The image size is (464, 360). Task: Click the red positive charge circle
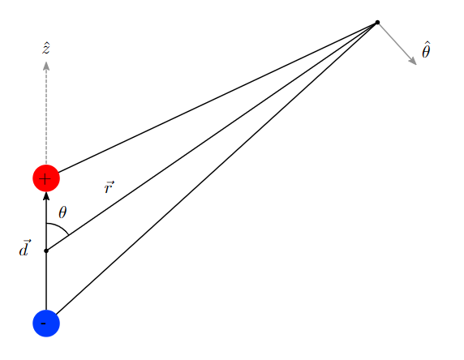coord(46,178)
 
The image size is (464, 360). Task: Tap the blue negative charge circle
coord(46,324)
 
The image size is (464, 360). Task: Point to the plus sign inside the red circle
coord(45,179)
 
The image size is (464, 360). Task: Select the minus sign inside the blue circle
coord(43,324)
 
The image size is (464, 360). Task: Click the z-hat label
coord(46,49)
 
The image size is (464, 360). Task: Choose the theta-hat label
coord(426,50)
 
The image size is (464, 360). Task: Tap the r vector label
coord(109,187)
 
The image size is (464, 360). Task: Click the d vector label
coord(24,248)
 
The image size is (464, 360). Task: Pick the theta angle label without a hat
coord(62,212)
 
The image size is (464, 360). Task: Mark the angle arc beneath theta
coord(61,226)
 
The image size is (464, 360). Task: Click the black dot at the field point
coord(377,22)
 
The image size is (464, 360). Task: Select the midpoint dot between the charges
coord(46,251)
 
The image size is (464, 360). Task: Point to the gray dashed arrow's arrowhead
coord(46,66)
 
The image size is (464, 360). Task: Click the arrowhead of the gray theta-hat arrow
coord(413,61)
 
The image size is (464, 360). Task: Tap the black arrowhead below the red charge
coord(46,197)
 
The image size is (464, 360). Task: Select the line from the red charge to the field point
coord(217,97)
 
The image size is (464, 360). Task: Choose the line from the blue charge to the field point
coord(217,169)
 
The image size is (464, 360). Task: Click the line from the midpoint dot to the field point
coord(212,137)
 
